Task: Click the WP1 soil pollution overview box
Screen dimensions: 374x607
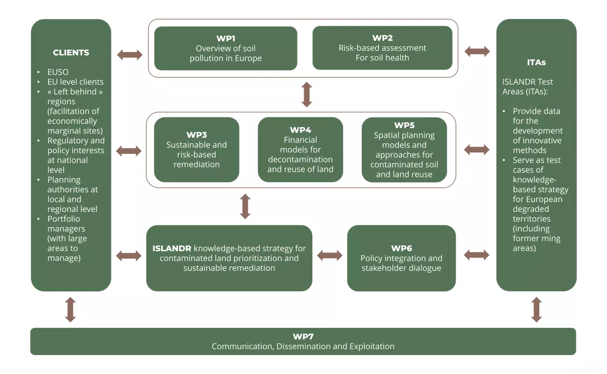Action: (225, 48)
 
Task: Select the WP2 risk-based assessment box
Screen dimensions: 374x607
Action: (382, 48)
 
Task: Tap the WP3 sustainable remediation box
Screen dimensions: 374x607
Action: (197, 150)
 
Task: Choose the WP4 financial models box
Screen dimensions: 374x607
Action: (300, 150)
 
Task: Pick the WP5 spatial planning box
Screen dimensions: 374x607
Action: (404, 150)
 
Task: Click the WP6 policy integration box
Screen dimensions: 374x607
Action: (402, 258)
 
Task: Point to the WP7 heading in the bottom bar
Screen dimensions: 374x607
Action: (303, 337)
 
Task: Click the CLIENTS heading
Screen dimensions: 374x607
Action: (71, 53)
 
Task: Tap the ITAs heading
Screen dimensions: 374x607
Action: (536, 62)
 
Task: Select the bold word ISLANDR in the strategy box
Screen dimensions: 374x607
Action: (172, 248)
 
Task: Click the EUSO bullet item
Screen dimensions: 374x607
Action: (58, 72)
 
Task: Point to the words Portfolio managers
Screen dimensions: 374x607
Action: (66, 224)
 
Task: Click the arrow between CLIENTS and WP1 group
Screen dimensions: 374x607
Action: (130, 55)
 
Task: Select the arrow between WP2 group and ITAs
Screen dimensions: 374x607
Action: (477, 51)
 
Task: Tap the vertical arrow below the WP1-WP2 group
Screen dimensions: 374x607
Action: (307, 94)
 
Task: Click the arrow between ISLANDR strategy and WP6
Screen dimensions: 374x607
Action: (330, 255)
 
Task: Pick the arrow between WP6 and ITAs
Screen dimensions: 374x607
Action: (477, 254)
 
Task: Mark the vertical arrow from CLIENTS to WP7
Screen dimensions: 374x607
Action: (71, 310)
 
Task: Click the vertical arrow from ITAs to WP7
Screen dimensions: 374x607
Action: (536, 310)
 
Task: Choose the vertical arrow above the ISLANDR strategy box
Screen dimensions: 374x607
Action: (245, 206)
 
